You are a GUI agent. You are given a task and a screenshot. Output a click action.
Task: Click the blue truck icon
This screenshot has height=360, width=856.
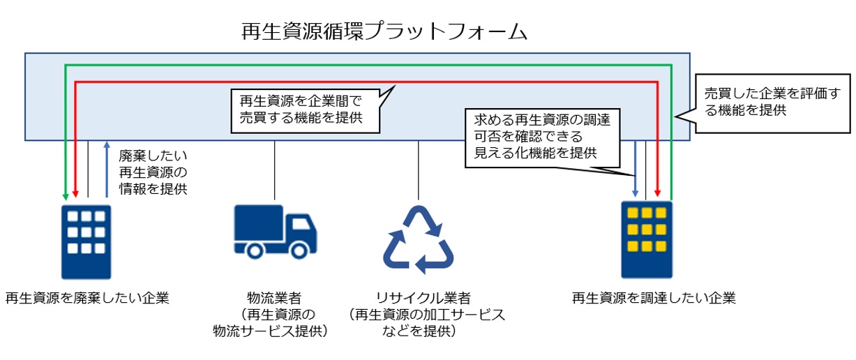click(x=274, y=230)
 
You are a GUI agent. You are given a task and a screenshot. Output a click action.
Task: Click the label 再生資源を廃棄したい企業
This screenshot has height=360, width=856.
click(x=87, y=299)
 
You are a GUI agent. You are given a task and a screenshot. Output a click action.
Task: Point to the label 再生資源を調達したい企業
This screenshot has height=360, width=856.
click(x=654, y=299)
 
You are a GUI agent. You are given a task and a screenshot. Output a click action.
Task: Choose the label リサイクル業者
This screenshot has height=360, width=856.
click(x=418, y=298)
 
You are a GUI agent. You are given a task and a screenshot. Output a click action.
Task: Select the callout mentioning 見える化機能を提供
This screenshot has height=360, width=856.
click(x=537, y=137)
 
